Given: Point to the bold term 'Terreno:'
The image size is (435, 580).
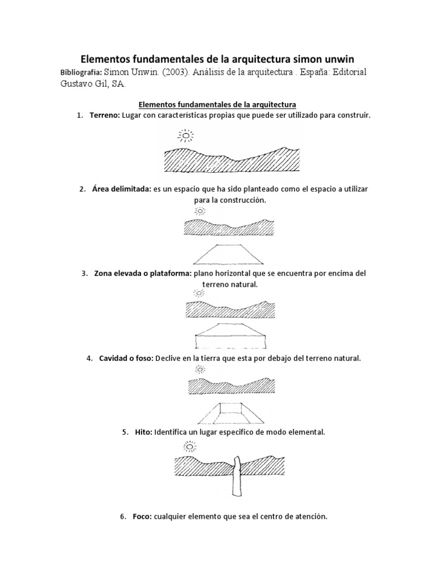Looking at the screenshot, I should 104,115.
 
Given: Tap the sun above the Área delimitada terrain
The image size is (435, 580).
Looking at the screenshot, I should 199,211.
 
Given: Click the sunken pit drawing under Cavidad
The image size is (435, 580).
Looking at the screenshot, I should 229,413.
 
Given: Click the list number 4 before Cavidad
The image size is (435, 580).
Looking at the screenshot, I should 89,359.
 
